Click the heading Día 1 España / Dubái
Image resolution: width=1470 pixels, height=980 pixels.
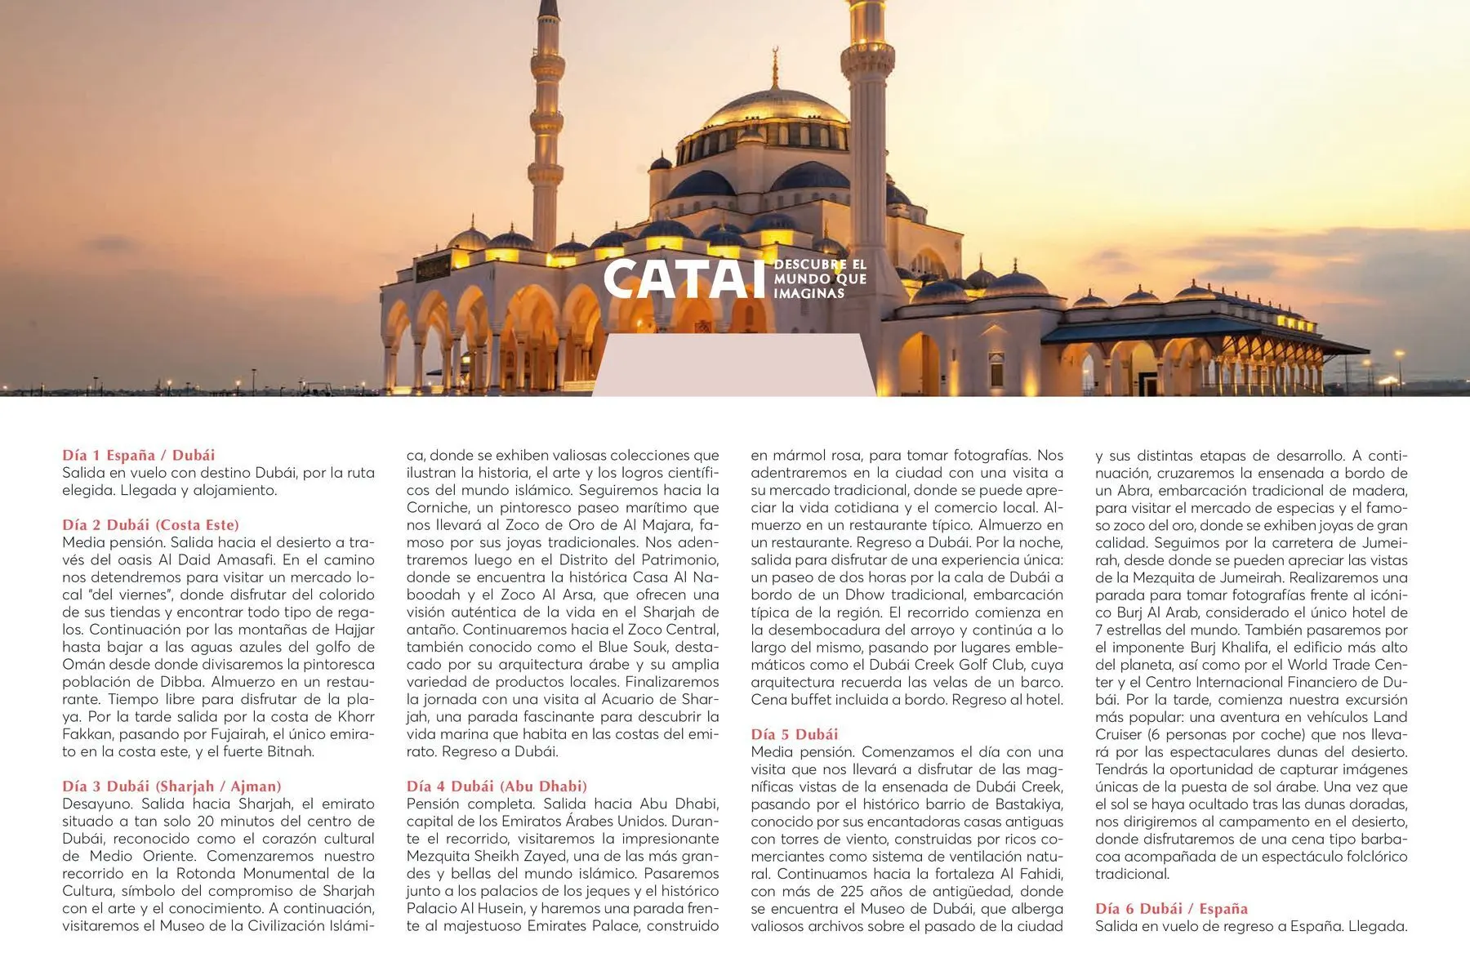click(138, 455)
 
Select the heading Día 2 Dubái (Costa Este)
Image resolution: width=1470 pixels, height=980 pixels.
click(150, 524)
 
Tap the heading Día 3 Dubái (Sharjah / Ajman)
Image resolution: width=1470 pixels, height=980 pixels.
click(171, 786)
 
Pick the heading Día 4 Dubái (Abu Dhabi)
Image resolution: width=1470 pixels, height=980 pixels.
click(497, 786)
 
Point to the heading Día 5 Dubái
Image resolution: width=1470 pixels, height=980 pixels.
click(794, 733)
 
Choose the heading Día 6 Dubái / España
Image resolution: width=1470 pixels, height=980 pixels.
click(1171, 908)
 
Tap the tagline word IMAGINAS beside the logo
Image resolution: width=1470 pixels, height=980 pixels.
click(808, 293)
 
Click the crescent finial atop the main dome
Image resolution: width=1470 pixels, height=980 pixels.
click(774, 57)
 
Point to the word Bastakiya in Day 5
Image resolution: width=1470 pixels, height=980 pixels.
click(1029, 804)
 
